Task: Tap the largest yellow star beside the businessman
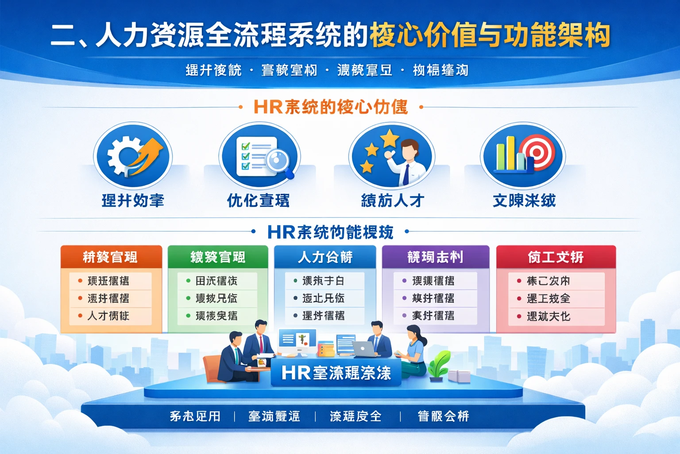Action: tap(390, 137)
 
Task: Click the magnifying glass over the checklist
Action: tap(278, 161)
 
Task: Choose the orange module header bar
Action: tap(111, 257)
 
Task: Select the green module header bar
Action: tap(218, 257)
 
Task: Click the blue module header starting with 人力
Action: tap(325, 257)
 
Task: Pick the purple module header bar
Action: tap(435, 257)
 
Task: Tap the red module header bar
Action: tap(556, 257)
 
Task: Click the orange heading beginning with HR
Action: tap(330, 107)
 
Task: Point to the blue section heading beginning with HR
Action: tap(330, 232)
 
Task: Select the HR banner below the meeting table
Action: tap(336, 373)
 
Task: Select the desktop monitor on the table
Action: tap(297, 341)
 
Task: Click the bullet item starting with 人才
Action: tap(108, 316)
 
